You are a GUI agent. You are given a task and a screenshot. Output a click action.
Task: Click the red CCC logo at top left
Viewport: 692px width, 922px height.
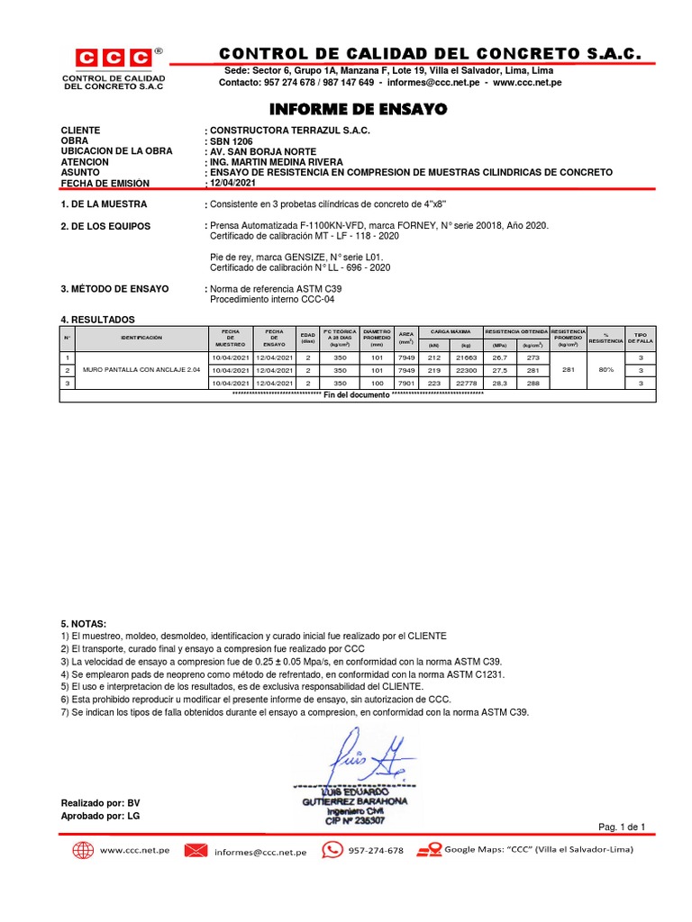pyautogui.click(x=112, y=59)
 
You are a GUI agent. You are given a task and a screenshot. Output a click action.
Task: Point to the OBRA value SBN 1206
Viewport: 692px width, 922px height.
pyautogui.click(x=232, y=141)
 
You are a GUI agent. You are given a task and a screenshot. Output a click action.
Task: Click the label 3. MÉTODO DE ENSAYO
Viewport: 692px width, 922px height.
pyautogui.click(x=114, y=289)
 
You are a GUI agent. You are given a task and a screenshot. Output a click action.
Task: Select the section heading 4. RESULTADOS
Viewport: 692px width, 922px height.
pyautogui.click(x=97, y=320)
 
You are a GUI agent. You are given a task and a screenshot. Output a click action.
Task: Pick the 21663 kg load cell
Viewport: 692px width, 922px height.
pyautogui.click(x=466, y=357)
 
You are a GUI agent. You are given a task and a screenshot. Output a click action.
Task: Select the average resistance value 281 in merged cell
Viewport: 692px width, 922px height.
pyautogui.click(x=568, y=370)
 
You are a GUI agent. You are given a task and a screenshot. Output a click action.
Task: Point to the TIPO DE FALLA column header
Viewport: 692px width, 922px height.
pyautogui.click(x=641, y=339)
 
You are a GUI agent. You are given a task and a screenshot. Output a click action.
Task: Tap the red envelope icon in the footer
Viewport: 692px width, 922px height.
pyautogui.click(x=196, y=850)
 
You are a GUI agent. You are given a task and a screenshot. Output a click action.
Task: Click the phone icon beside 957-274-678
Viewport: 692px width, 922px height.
pyautogui.click(x=332, y=850)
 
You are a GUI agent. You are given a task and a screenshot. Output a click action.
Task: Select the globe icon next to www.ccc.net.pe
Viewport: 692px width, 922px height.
pyautogui.click(x=83, y=850)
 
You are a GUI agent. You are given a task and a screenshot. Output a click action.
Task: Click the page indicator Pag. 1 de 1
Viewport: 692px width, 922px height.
pyautogui.click(x=622, y=827)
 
